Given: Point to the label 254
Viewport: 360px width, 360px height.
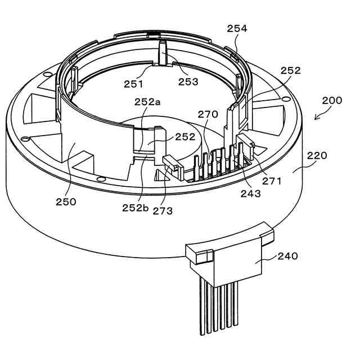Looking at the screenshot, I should (x=236, y=28).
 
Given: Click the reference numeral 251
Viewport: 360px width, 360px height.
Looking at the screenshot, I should (x=134, y=84).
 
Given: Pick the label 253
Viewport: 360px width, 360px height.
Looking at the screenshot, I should (x=188, y=82).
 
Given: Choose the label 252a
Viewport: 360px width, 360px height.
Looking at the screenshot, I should (x=147, y=102).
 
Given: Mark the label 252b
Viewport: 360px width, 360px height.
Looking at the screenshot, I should (x=135, y=207).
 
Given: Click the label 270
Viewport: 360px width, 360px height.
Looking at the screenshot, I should (x=208, y=114).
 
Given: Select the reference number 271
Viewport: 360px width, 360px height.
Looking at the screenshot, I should (x=272, y=182).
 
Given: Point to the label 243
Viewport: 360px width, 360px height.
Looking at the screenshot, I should (x=250, y=194).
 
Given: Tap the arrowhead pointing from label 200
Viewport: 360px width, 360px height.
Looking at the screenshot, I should (x=316, y=119).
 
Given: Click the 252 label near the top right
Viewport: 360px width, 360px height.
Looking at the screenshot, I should (x=290, y=71).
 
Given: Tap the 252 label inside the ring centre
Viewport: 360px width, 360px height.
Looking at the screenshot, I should (x=184, y=137).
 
